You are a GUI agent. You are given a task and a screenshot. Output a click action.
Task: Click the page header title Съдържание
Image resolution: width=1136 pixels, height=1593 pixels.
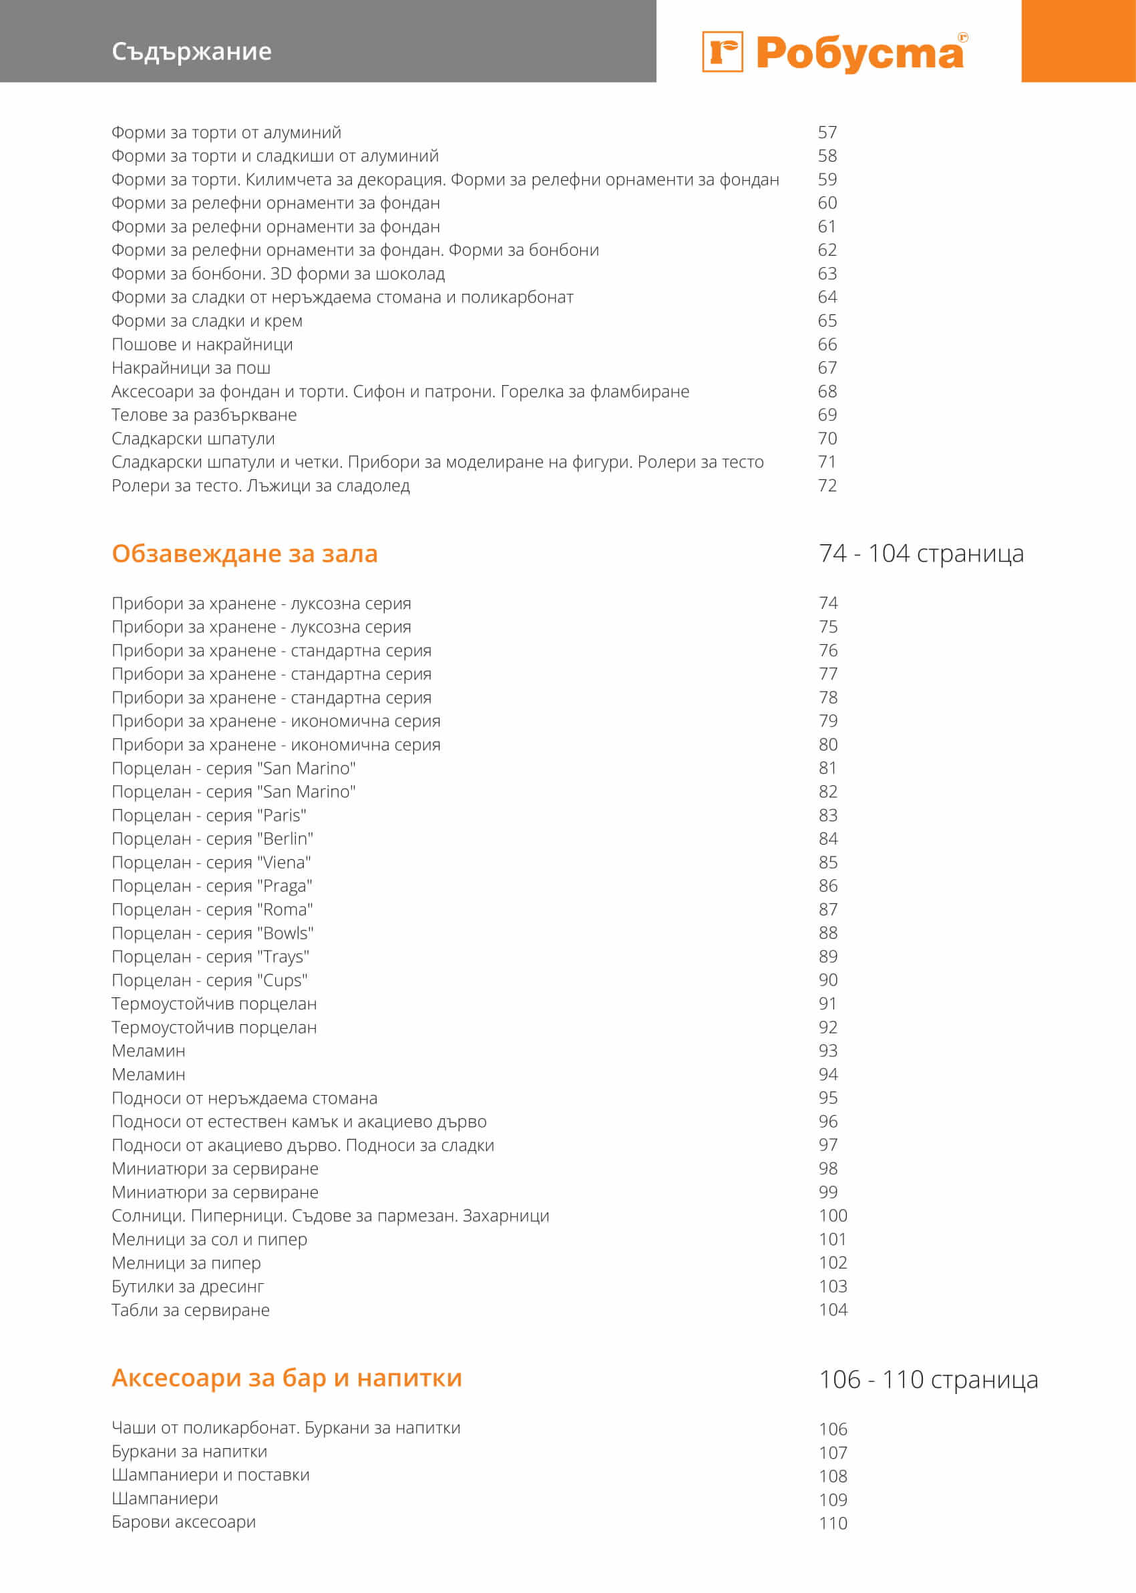pyautogui.click(x=191, y=52)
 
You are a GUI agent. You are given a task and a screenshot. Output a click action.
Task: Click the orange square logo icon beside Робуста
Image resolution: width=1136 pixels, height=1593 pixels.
pyautogui.click(x=722, y=52)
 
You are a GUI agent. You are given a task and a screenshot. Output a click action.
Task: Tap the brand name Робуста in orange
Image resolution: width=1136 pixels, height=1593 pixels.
pyautogui.click(x=860, y=53)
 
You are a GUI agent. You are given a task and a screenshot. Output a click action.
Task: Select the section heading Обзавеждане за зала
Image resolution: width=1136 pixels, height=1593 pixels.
pyautogui.click(x=244, y=553)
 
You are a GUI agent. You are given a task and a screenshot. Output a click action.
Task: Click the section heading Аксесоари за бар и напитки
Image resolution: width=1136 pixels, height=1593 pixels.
pyautogui.click(x=287, y=1377)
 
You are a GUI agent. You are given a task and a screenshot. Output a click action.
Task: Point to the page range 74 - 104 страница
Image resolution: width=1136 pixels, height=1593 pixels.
pyautogui.click(x=920, y=553)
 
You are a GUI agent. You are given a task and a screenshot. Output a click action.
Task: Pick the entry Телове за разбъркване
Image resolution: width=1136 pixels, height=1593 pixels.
pyautogui.click(x=204, y=415)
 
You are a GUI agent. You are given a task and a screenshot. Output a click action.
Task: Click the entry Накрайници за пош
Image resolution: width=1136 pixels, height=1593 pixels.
pyautogui.click(x=190, y=368)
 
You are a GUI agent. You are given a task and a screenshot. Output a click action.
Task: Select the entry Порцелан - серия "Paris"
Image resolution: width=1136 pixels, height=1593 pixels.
pyautogui.click(x=208, y=815)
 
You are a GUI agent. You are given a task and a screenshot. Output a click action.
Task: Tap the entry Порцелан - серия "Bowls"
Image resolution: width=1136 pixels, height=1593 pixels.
pyautogui.click(x=212, y=933)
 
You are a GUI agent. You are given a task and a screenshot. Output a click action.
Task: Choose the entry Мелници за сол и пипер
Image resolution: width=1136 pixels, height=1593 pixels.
pyautogui.click(x=209, y=1239)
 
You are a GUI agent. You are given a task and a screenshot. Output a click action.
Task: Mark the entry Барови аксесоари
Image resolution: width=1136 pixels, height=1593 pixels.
pyautogui.click(x=183, y=1522)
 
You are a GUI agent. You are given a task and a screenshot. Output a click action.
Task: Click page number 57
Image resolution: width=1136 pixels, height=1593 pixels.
pyautogui.click(x=827, y=133)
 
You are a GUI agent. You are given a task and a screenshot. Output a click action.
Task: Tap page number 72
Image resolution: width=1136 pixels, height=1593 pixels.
pyautogui.click(x=827, y=485)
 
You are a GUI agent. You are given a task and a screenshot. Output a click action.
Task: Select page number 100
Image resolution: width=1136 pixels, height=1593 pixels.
pyautogui.click(x=832, y=1215)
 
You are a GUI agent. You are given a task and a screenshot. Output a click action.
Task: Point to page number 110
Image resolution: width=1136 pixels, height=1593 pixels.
pyautogui.click(x=832, y=1523)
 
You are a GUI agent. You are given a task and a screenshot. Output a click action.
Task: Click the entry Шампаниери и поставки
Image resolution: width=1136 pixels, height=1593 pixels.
pyautogui.click(x=210, y=1475)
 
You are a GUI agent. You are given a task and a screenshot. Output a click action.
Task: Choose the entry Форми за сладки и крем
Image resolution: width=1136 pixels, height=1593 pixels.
pyautogui.click(x=207, y=321)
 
